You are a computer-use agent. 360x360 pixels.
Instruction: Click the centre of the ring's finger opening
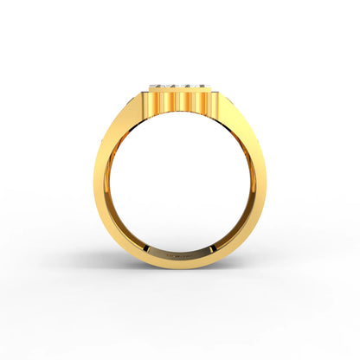click(179, 186)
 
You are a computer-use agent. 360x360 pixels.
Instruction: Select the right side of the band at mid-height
click(257, 186)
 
